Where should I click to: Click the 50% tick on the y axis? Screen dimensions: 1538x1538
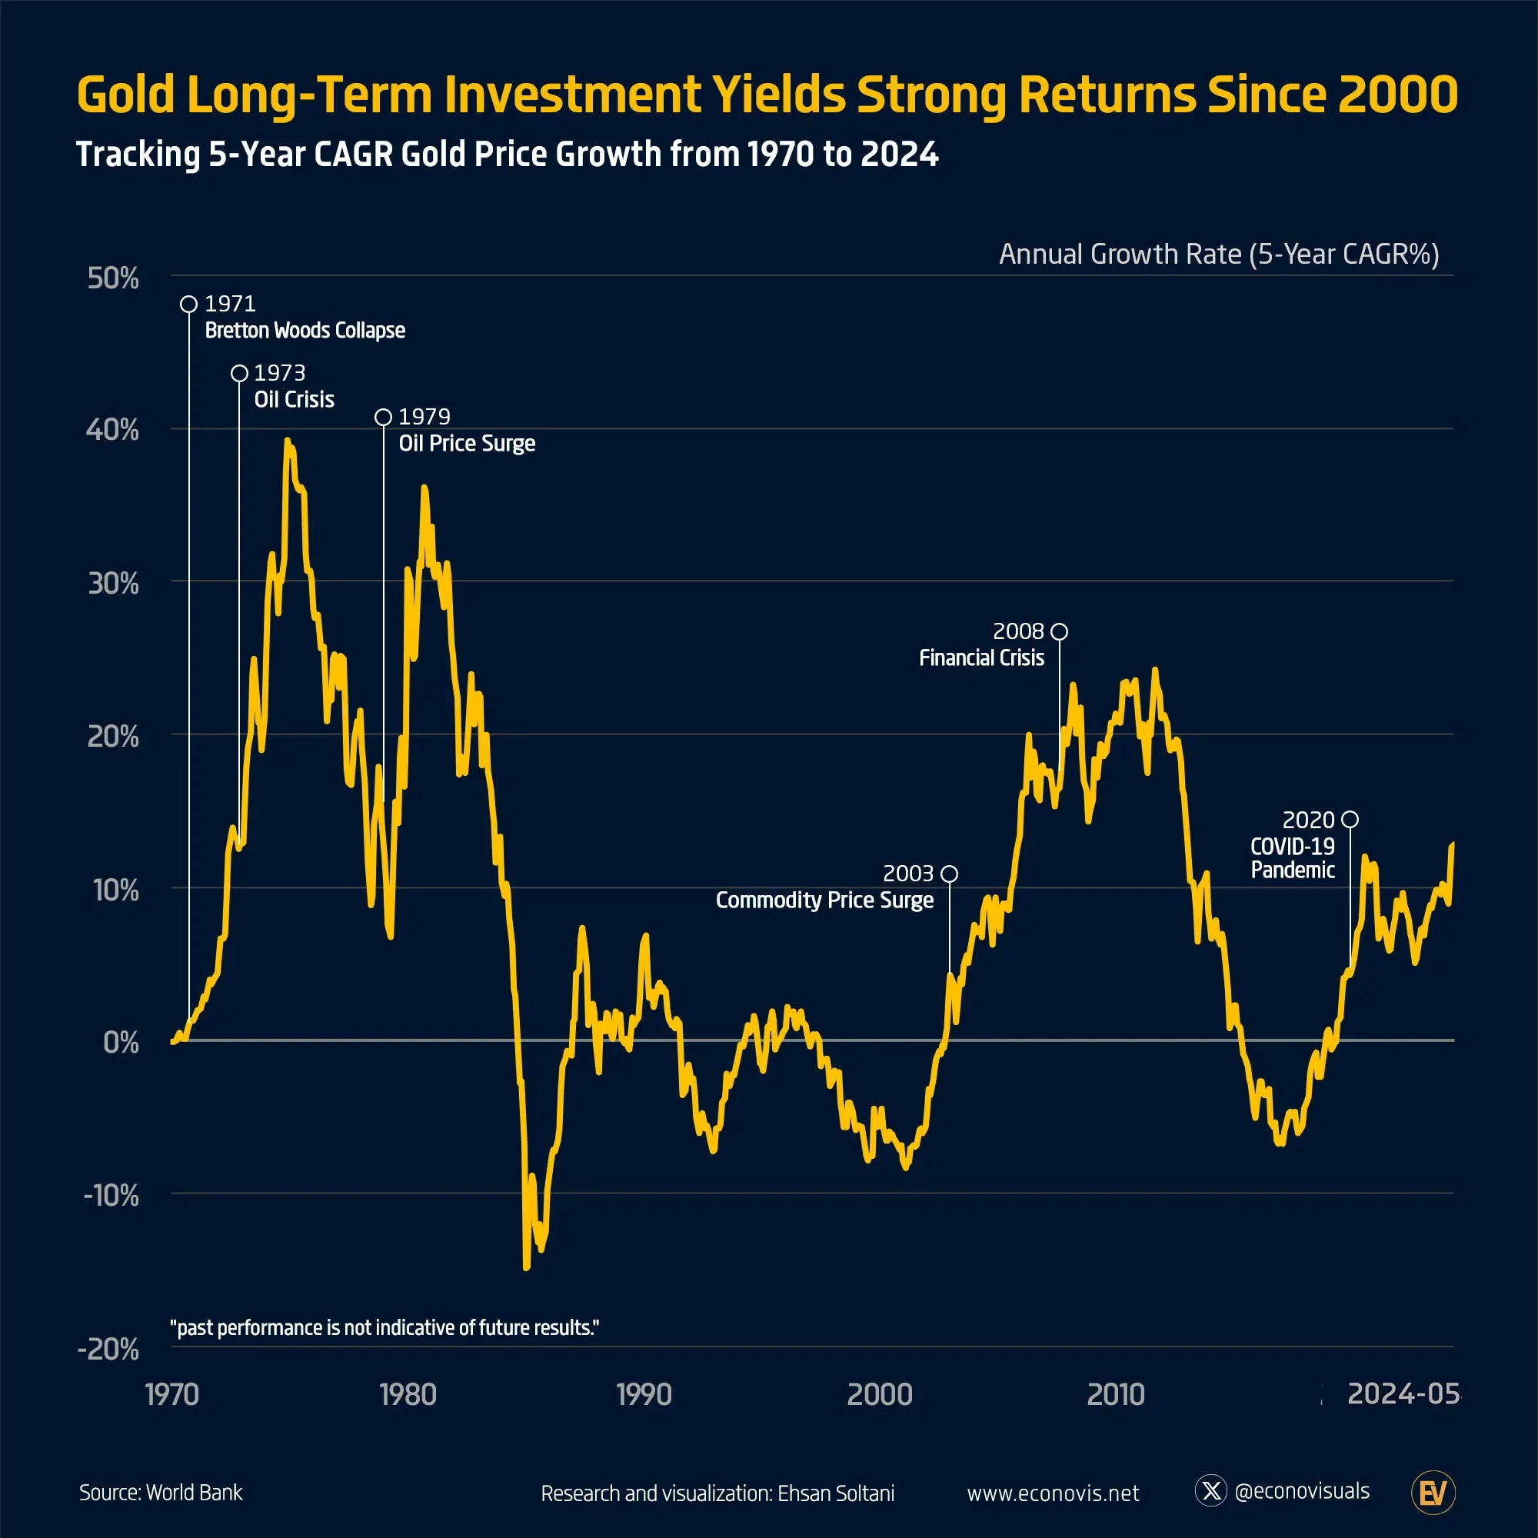(113, 278)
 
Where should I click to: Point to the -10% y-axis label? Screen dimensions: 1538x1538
(112, 1195)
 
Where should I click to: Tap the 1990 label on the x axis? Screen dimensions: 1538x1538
(644, 1394)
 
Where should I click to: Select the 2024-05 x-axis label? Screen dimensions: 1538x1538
(1403, 1393)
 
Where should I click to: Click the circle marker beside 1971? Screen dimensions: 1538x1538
(188, 304)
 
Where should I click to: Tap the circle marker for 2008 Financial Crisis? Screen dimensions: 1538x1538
(1059, 631)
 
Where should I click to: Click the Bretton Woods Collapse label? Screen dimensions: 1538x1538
(305, 331)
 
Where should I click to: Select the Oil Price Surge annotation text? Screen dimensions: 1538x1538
(467, 444)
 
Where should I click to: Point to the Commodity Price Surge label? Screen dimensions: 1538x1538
(824, 900)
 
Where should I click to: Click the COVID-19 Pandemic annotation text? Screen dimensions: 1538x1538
(1292, 858)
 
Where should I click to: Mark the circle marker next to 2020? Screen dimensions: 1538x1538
(1350, 819)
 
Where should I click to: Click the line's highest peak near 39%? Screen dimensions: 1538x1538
(287, 440)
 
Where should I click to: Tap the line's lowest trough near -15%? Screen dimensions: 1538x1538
(526, 1267)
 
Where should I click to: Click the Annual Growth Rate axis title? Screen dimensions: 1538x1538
(1218, 254)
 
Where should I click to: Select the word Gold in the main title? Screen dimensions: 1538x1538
(125, 95)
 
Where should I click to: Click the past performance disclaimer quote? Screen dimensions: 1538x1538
(384, 1328)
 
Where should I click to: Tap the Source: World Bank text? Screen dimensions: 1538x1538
(161, 1493)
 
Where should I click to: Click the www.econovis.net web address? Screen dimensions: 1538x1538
(1053, 1493)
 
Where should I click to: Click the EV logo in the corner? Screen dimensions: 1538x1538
(1433, 1493)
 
